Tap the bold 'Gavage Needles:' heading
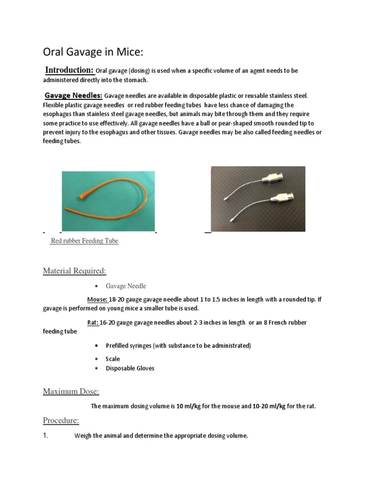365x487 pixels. coord(73,95)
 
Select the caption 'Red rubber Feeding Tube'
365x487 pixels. coord(84,241)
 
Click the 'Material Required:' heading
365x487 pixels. coord(75,271)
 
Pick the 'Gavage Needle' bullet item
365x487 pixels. coord(126,286)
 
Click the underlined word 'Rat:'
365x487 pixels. coord(93,322)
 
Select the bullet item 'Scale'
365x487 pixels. coord(113,359)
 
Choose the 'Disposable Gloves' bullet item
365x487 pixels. coord(130,368)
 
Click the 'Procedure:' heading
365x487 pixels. coord(61,420)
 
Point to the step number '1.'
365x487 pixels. coord(47,435)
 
